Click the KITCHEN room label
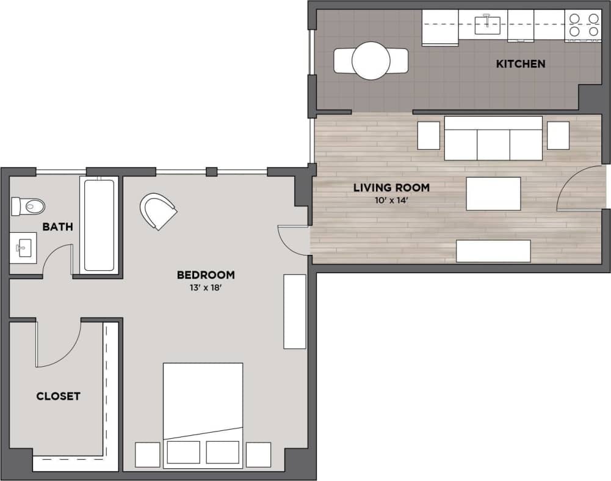[x=520, y=64]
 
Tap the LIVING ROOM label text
[x=391, y=188]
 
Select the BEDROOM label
[x=206, y=275]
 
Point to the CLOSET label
[x=58, y=396]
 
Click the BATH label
[x=57, y=227]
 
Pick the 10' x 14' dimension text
[x=391, y=200]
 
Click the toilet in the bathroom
[x=27, y=206]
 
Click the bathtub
[x=98, y=224]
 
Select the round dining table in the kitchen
[x=371, y=61]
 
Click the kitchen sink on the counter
[x=488, y=24]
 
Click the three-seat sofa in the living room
[x=493, y=139]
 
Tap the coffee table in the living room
[x=493, y=193]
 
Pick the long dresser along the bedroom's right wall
[x=295, y=312]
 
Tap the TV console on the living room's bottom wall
[x=493, y=251]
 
